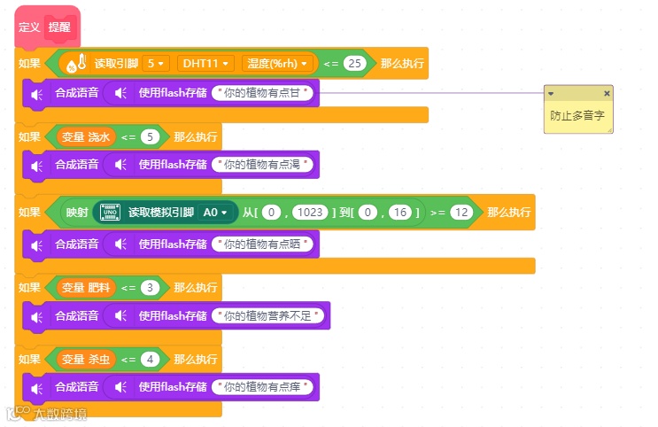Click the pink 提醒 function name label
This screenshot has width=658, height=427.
click(59, 27)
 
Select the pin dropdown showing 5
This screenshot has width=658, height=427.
click(156, 64)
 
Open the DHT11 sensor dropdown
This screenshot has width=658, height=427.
click(205, 64)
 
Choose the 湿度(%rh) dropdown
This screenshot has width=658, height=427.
click(278, 64)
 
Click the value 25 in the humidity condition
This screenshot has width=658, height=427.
click(355, 64)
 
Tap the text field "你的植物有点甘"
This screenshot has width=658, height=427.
click(264, 92)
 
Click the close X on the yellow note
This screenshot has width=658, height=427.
click(607, 93)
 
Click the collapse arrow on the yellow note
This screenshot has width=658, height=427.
click(551, 93)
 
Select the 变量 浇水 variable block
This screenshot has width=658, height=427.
click(86, 137)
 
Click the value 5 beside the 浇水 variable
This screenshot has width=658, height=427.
click(151, 137)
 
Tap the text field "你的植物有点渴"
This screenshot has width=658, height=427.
click(264, 165)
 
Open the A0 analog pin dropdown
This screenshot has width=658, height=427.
click(216, 213)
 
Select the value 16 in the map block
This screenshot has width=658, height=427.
click(399, 213)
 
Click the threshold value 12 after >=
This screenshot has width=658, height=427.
click(460, 213)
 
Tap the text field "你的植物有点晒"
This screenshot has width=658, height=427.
click(264, 244)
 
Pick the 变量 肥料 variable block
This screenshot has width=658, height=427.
click(86, 288)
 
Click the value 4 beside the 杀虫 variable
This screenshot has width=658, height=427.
click(151, 360)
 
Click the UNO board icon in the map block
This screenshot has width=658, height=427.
click(111, 213)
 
